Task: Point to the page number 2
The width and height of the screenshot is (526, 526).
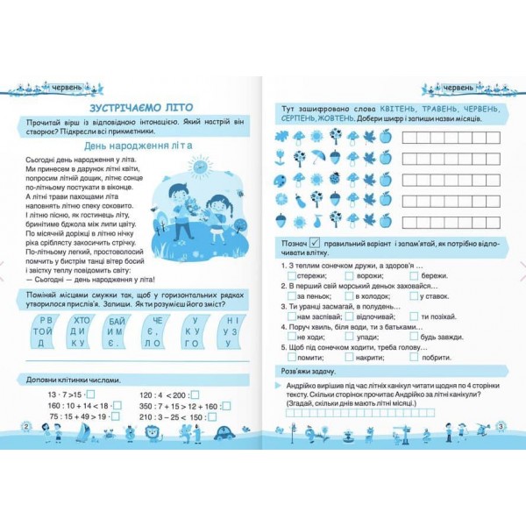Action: pyautogui.click(x=26, y=425)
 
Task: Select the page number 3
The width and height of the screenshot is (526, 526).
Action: pyautogui.click(x=500, y=426)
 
